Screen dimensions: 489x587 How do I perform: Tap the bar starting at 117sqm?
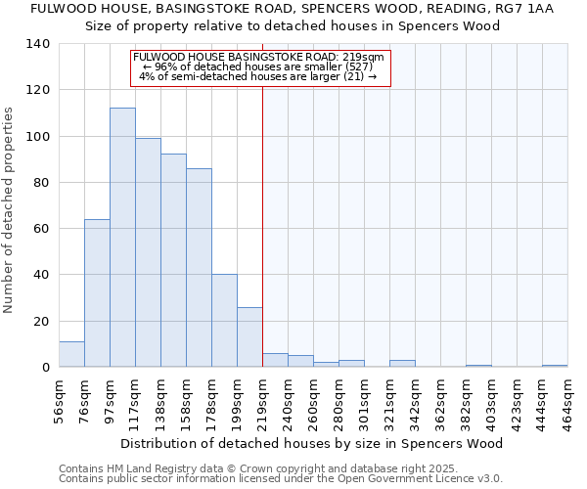click(x=148, y=252)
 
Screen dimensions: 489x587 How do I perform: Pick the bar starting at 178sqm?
click(x=224, y=321)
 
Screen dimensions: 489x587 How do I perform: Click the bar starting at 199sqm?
click(x=249, y=337)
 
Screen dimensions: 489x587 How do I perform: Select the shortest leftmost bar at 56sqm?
click(x=71, y=355)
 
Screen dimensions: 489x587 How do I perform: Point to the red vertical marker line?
click(x=262, y=225)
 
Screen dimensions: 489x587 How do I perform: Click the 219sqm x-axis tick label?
click(x=262, y=399)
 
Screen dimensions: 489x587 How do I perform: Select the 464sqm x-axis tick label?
click(x=567, y=399)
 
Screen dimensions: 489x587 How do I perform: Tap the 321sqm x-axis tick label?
click(x=389, y=399)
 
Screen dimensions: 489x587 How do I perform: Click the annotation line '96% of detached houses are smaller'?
click(x=259, y=67)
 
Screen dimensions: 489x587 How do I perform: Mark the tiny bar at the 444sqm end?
click(x=555, y=366)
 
